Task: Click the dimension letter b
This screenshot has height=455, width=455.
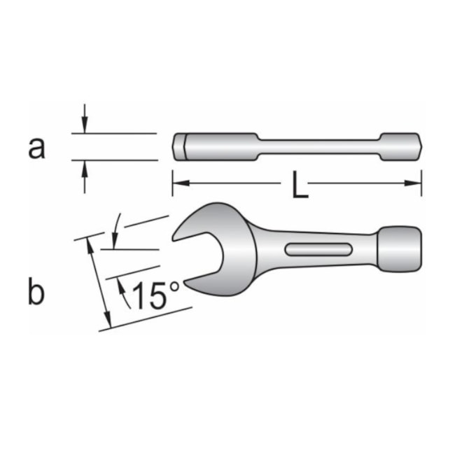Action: (x=36, y=292)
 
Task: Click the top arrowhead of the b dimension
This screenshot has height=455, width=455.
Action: (x=90, y=242)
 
